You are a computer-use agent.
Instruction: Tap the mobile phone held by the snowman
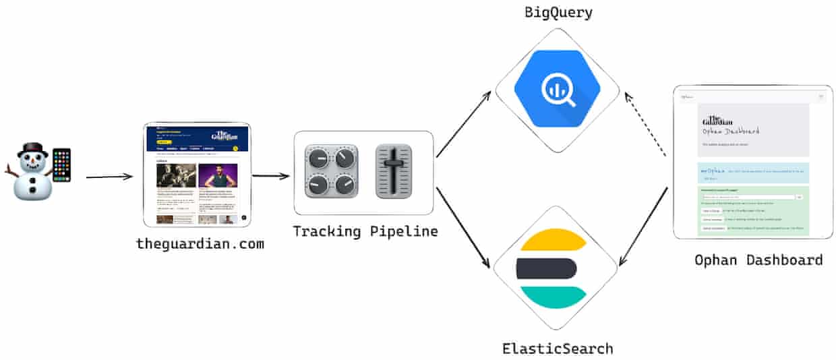point(61,165)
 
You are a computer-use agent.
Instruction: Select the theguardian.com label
point(200,244)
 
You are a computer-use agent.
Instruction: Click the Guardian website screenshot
point(197,175)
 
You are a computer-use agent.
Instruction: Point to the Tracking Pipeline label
point(365,231)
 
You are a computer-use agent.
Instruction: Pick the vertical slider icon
point(393,171)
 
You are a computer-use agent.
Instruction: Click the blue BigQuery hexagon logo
point(557,88)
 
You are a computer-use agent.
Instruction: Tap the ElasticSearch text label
point(558,349)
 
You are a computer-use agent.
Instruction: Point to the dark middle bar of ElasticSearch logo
point(547,268)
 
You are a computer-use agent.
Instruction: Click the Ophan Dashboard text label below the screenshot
point(758,260)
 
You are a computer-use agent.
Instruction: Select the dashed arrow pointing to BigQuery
point(645,125)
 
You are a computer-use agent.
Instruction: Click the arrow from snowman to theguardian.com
point(109,177)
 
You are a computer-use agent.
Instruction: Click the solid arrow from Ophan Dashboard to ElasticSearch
point(644,225)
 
